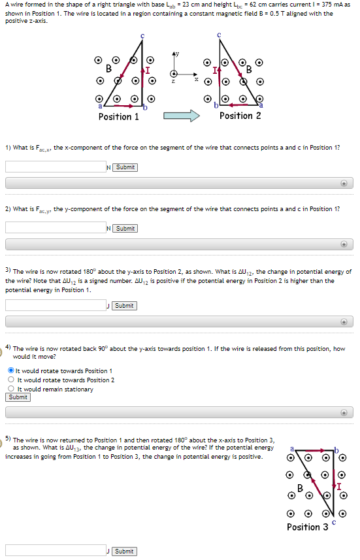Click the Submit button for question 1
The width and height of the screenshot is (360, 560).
pyautogui.click(x=125, y=167)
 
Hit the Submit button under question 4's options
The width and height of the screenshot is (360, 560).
pyautogui.click(x=18, y=397)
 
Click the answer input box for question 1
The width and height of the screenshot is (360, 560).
pyautogui.click(x=56, y=167)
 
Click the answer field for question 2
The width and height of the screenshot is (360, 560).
pyautogui.click(x=56, y=228)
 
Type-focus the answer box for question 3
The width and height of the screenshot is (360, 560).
pyautogui.click(x=56, y=306)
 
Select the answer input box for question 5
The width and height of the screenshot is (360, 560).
pyautogui.click(x=56, y=551)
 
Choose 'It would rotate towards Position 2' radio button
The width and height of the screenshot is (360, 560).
pyautogui.click(x=11, y=380)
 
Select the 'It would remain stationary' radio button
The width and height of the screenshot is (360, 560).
pyautogui.click(x=11, y=389)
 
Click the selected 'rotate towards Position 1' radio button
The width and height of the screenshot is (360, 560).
pyautogui.click(x=11, y=371)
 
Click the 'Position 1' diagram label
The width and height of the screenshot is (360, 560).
pyautogui.click(x=118, y=117)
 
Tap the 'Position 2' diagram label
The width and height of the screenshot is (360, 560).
pyautogui.click(x=240, y=116)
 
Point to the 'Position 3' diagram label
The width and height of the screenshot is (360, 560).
pyautogui.click(x=307, y=527)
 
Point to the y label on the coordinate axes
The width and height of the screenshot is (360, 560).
pyautogui.click(x=175, y=52)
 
